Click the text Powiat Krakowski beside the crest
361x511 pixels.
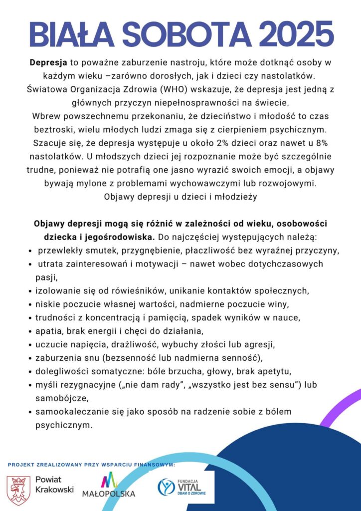(x=54, y=485)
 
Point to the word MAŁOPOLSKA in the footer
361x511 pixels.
(x=109, y=494)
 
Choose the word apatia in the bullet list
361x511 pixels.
(x=48, y=330)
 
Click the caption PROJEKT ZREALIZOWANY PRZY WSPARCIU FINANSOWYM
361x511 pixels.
(x=91, y=465)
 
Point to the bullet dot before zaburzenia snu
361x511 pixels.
(x=31, y=358)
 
